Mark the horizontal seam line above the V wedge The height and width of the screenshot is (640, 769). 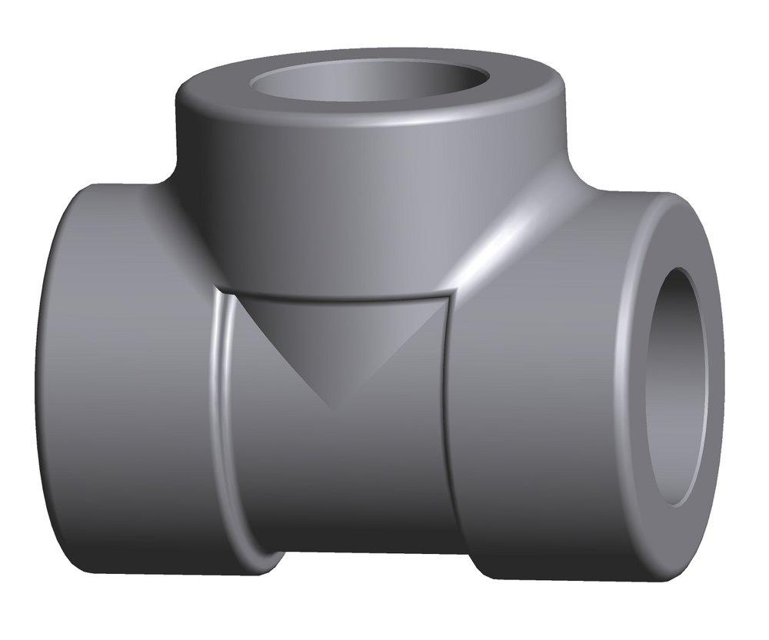pyautogui.click(x=331, y=296)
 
